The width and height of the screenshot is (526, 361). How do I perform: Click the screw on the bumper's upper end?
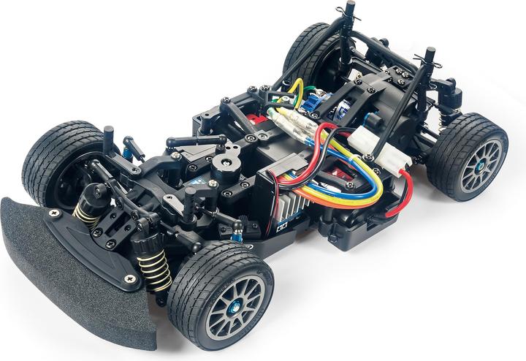[x=53, y=212]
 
